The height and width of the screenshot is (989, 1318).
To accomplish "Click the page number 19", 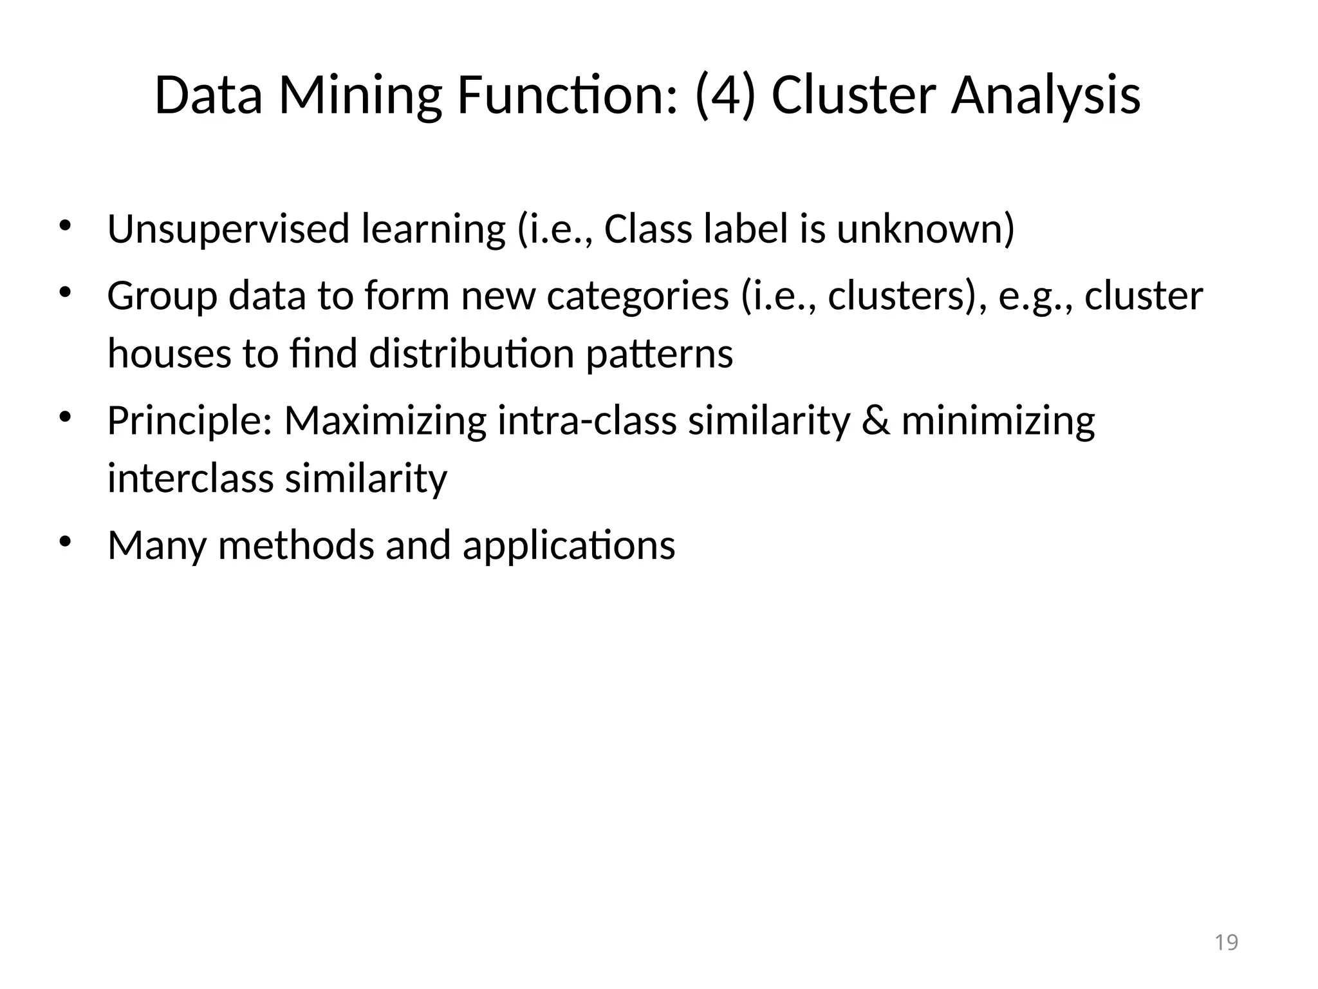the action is point(1226,942).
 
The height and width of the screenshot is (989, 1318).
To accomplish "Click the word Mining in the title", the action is point(360,97).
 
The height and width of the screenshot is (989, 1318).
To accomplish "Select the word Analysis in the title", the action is point(1046,97).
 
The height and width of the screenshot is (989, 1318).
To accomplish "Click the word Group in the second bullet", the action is point(162,296).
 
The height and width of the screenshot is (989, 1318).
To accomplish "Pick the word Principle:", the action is point(190,421).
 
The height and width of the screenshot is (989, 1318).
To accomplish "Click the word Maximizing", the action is point(385,422).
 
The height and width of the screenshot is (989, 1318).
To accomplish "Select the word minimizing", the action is point(998,422).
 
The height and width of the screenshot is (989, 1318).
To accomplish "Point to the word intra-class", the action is point(586,421).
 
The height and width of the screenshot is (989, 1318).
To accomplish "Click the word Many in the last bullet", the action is point(157,546).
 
